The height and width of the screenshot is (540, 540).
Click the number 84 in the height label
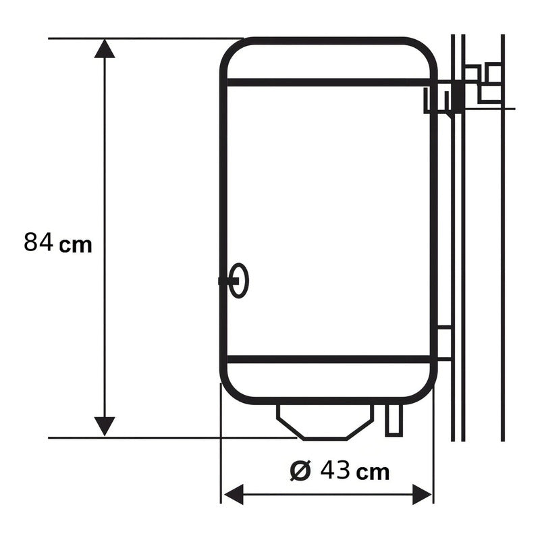click(x=38, y=242)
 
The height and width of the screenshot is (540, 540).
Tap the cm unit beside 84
click(x=76, y=244)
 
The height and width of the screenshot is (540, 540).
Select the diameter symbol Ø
click(x=301, y=470)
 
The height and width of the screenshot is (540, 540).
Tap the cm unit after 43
click(x=373, y=472)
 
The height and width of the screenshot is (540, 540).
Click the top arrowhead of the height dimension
click(x=104, y=49)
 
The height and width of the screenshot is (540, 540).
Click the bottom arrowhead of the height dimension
click(x=104, y=426)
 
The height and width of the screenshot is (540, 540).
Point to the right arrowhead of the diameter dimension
click(x=422, y=494)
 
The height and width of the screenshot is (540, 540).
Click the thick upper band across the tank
click(x=329, y=82)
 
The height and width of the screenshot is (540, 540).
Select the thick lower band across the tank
click(x=329, y=359)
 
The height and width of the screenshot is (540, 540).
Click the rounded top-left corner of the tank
click(x=233, y=51)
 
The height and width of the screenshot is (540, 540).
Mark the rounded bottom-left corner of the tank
click(x=233, y=391)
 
